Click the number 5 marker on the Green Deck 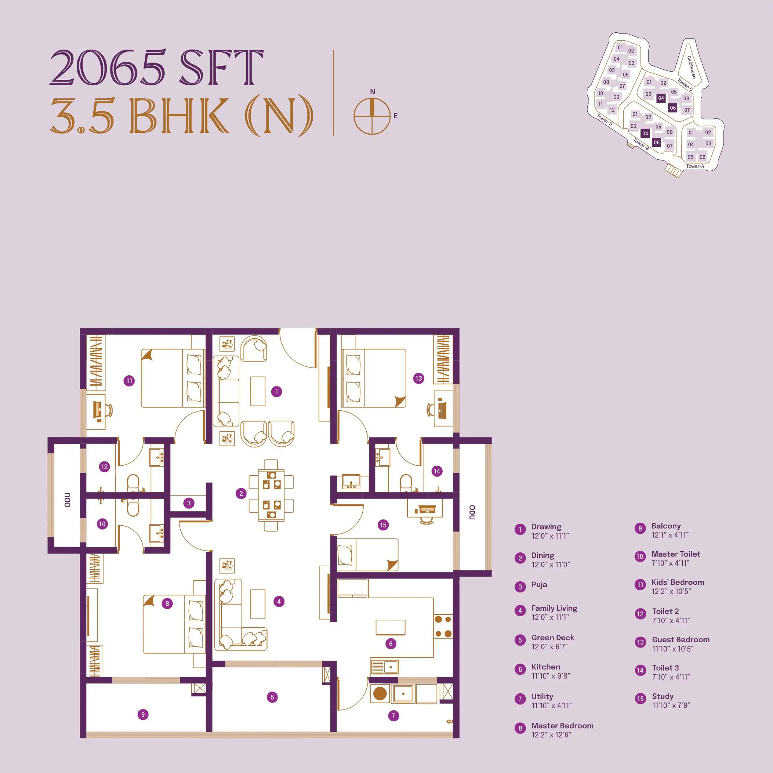[x=272, y=697]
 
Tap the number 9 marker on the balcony [x=143, y=714]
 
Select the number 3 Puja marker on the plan [x=189, y=503]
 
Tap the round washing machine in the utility [x=380, y=693]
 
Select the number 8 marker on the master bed [x=167, y=603]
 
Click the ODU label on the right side [x=472, y=513]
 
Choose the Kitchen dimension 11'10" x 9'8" [x=550, y=676]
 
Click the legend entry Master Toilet [x=676, y=554]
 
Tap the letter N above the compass [x=373, y=92]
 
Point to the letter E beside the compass [x=396, y=116]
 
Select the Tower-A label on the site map [x=695, y=166]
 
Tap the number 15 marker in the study [x=383, y=525]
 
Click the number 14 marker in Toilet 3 [x=436, y=471]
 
